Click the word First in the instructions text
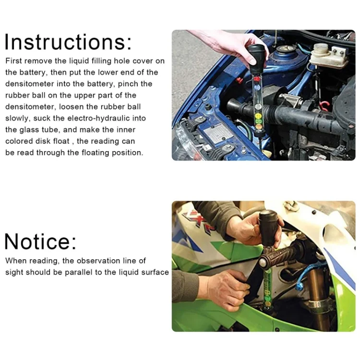[13, 61]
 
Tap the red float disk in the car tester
[258, 79]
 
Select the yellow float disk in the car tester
[259, 115]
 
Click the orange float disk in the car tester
[259, 126]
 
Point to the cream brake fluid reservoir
[328, 55]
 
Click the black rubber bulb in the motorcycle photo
[268, 228]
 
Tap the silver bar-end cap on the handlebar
[263, 262]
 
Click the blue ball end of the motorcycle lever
[299, 287]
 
